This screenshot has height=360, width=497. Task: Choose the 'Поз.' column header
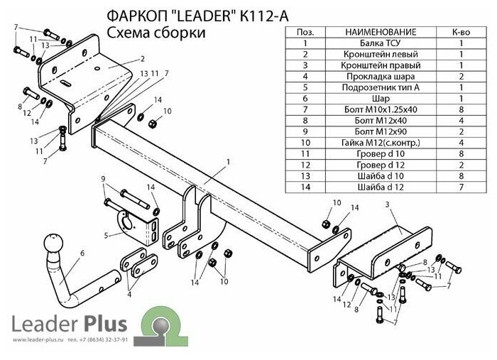tap(305, 33)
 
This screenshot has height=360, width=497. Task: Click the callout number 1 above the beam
tap(229, 162)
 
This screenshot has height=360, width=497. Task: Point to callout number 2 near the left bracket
tap(143, 59)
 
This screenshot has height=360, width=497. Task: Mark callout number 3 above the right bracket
tap(388, 204)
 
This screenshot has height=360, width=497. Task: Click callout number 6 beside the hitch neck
tap(83, 253)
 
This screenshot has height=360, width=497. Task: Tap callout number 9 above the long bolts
tap(103, 178)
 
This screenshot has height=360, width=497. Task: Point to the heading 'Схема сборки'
tap(156, 33)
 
